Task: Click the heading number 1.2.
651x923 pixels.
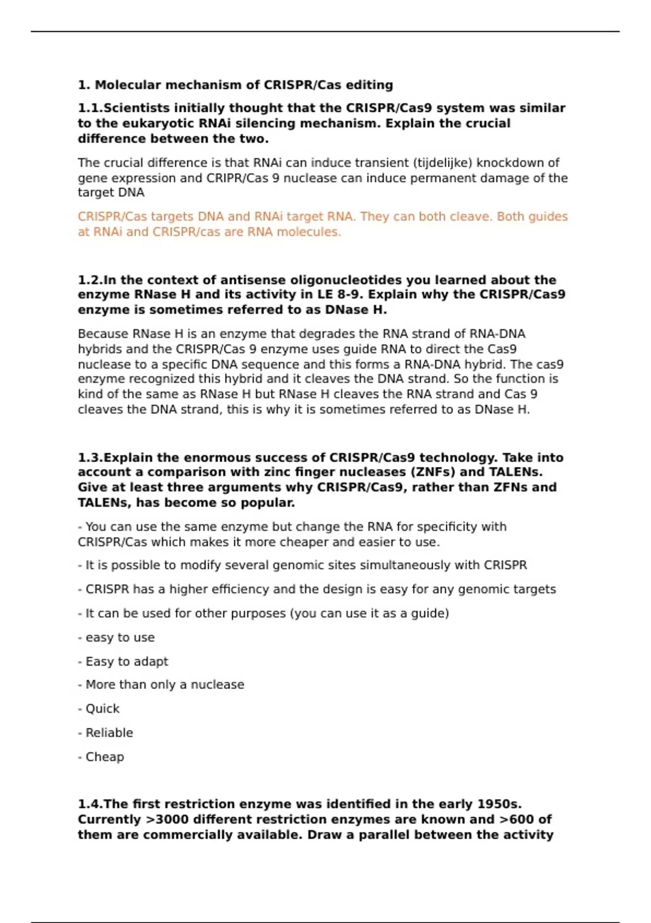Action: (90, 280)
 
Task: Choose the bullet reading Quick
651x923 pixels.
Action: (102, 709)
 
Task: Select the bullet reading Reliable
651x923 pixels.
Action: (108, 732)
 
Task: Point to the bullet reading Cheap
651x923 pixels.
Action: (104, 757)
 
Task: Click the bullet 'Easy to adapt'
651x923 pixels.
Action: (126, 661)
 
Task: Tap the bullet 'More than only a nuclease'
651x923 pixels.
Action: (164, 685)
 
